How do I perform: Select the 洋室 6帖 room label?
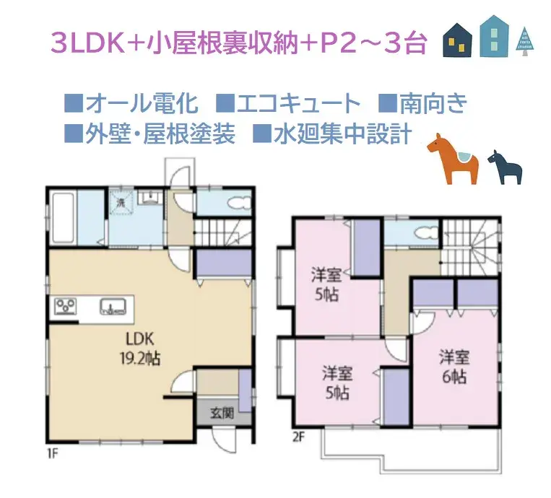click(454, 367)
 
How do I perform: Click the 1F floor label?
click(52, 453)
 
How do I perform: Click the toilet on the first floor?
click(230, 203)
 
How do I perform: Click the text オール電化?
click(140, 104)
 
